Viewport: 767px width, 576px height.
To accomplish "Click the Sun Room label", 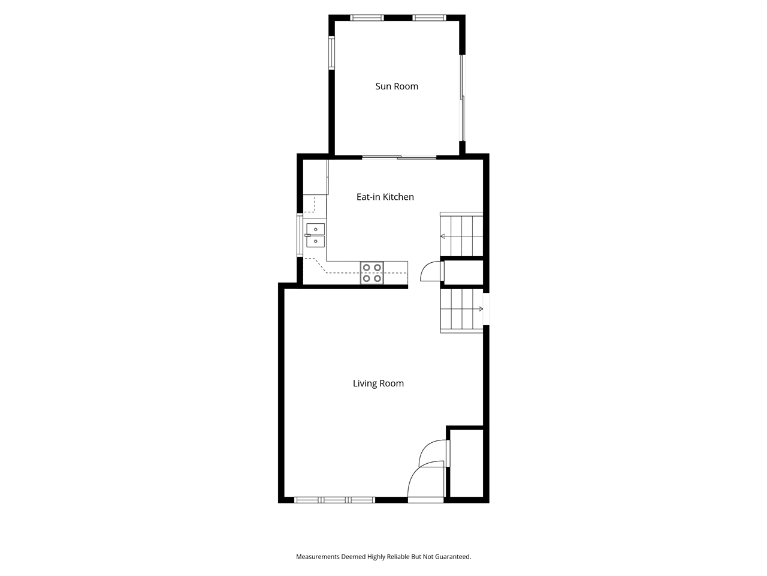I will point(397,86).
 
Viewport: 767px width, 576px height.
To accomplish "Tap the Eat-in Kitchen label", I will point(385,197).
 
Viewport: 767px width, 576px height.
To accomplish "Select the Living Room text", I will point(378,383).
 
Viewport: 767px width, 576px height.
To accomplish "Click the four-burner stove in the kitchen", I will point(372,273).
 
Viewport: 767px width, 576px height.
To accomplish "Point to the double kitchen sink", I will point(315,235).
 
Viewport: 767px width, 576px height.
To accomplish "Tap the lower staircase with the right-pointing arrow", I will point(461,310).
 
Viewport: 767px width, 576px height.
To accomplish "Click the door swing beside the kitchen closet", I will point(430,272).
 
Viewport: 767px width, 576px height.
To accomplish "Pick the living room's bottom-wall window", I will point(334,499).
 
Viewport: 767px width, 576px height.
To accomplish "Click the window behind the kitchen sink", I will point(300,235).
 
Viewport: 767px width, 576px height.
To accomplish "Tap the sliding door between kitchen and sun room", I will point(399,158).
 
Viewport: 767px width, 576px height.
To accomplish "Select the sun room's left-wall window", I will point(331,53).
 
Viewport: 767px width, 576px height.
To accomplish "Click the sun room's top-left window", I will point(367,17).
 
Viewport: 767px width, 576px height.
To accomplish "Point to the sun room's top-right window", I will point(428,17).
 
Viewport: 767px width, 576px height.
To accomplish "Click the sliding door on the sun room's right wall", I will point(462,99).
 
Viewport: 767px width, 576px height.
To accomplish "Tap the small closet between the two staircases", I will point(463,272).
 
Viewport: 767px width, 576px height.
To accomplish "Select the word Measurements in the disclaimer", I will point(318,557).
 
